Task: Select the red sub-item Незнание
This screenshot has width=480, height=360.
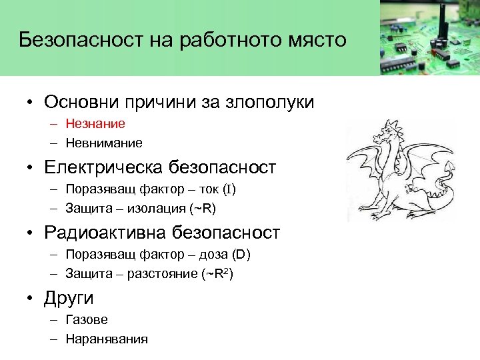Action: pos(95,123)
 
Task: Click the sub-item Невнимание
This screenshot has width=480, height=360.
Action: pos(104,143)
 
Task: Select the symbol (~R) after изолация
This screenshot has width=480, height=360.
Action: pos(203,209)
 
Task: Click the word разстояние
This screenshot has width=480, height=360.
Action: pos(165,274)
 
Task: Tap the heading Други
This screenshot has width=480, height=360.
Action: pos(69,298)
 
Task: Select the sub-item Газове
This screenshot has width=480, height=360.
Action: pos(87,320)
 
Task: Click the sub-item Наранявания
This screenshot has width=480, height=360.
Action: pos(107,339)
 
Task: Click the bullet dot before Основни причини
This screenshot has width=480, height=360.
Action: pos(31,103)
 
